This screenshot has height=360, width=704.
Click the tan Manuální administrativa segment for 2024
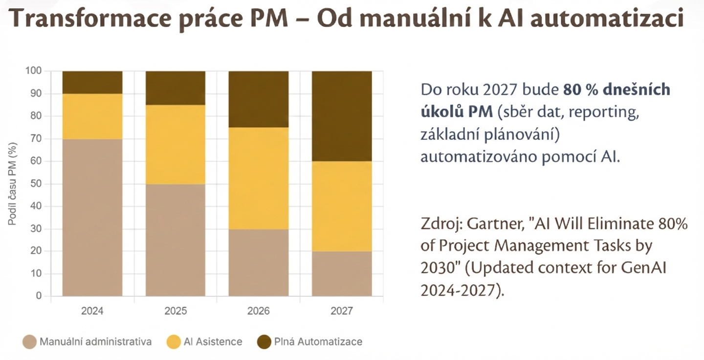(x=92, y=218)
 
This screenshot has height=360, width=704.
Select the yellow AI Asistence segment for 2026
(x=259, y=178)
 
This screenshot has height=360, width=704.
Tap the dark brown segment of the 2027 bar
(x=342, y=116)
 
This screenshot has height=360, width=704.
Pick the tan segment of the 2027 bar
(x=342, y=273)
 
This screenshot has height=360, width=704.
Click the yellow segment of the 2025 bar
(x=176, y=144)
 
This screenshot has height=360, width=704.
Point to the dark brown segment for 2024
(x=92, y=82)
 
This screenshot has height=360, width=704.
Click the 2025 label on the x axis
(x=176, y=311)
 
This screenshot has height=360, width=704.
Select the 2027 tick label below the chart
(x=342, y=311)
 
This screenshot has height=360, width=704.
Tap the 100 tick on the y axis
(x=34, y=71)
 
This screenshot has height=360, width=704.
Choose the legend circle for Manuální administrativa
(x=29, y=341)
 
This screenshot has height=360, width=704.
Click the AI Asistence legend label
(x=213, y=341)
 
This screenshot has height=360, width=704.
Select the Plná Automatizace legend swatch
(x=264, y=341)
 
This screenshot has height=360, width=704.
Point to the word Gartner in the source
(x=493, y=224)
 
